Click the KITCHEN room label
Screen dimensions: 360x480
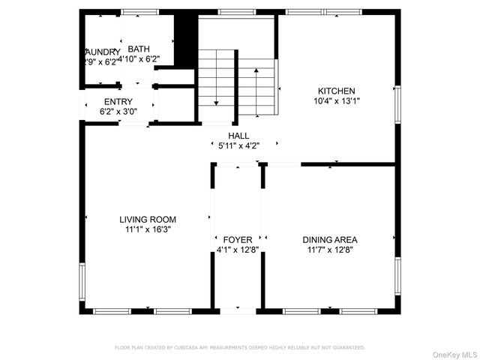coord(336,90)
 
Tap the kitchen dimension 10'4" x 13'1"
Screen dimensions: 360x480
coord(336,100)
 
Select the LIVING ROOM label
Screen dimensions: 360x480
coord(148,220)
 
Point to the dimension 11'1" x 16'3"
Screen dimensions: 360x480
coord(148,230)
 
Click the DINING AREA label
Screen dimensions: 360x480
coord(330,240)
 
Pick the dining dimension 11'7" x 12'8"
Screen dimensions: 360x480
coord(330,250)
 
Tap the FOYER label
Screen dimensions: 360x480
coord(238,240)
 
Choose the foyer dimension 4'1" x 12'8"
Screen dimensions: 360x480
coord(238,250)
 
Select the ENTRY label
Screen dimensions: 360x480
coord(118,102)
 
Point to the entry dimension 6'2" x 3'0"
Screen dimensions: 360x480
coord(118,112)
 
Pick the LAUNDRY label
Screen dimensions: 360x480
coord(100,52)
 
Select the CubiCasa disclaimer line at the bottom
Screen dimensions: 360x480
coord(239,348)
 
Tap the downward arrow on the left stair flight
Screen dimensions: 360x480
coord(215,101)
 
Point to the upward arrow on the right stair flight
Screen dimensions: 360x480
coord(257,71)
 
